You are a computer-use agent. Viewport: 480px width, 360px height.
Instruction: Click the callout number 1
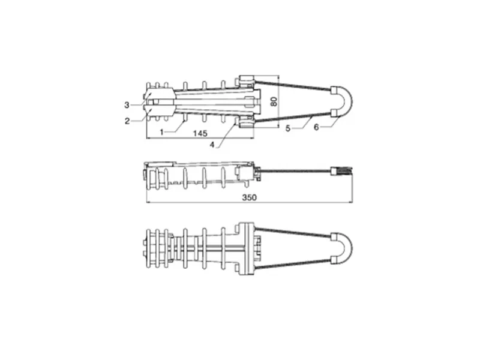point(162,132)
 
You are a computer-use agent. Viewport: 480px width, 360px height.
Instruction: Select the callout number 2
point(127,121)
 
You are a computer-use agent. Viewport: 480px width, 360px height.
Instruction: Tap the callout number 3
point(127,106)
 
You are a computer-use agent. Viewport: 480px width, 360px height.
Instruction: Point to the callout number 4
point(212,145)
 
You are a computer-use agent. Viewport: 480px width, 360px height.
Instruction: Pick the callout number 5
point(288,128)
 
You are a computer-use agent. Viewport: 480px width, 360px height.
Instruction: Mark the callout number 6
point(316,127)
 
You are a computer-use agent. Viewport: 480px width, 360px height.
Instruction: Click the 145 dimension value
point(200,133)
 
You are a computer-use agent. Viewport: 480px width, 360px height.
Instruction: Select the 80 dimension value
point(274,101)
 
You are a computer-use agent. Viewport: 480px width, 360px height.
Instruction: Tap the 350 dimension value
point(250,197)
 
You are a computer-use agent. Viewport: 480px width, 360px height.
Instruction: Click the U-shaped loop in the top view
point(349,101)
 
